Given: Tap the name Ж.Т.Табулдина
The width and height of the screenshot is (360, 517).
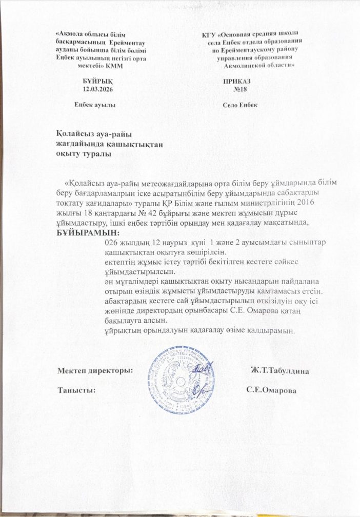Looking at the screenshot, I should pyautogui.click(x=279, y=370).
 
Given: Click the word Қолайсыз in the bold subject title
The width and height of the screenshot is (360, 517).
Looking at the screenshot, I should pyautogui.click(x=76, y=134).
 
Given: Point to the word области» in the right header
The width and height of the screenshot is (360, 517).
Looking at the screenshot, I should pyautogui.click(x=279, y=66).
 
